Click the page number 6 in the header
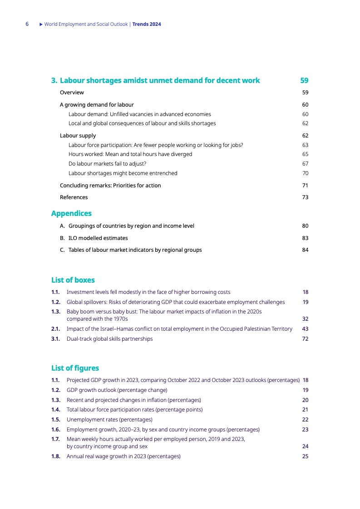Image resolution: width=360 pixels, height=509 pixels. tap(27, 24)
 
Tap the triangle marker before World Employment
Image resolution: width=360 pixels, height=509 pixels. tap(41, 24)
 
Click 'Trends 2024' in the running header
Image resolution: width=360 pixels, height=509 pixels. tap(147, 24)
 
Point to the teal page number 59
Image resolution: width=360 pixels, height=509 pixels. tap(304, 80)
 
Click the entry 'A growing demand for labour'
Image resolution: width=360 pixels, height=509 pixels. tap(97, 104)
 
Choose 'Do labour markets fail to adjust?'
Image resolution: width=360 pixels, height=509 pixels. tap(107, 163)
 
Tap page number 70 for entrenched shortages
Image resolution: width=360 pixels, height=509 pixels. tap(305, 173)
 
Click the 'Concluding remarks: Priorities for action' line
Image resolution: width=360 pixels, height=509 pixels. tap(110, 185)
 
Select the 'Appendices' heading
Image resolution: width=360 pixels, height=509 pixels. tap(71, 213)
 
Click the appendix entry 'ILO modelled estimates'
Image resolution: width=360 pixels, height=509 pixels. tap(98, 238)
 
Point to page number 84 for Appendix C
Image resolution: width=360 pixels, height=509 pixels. tap(305, 250)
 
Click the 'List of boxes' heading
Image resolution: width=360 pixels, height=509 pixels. tap(73, 280)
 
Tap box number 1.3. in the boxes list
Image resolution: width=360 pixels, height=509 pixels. tap(56, 312)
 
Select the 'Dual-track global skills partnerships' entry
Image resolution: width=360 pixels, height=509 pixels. tap(109, 338)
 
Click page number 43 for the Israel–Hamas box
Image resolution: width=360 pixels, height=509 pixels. tap(305, 328)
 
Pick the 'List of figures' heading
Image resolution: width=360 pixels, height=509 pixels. tap(75, 368)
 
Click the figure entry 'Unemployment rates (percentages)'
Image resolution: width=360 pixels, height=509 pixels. tap(109, 419)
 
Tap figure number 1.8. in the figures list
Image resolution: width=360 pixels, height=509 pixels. tap(56, 456)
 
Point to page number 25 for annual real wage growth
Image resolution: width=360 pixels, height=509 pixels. tap(305, 456)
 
